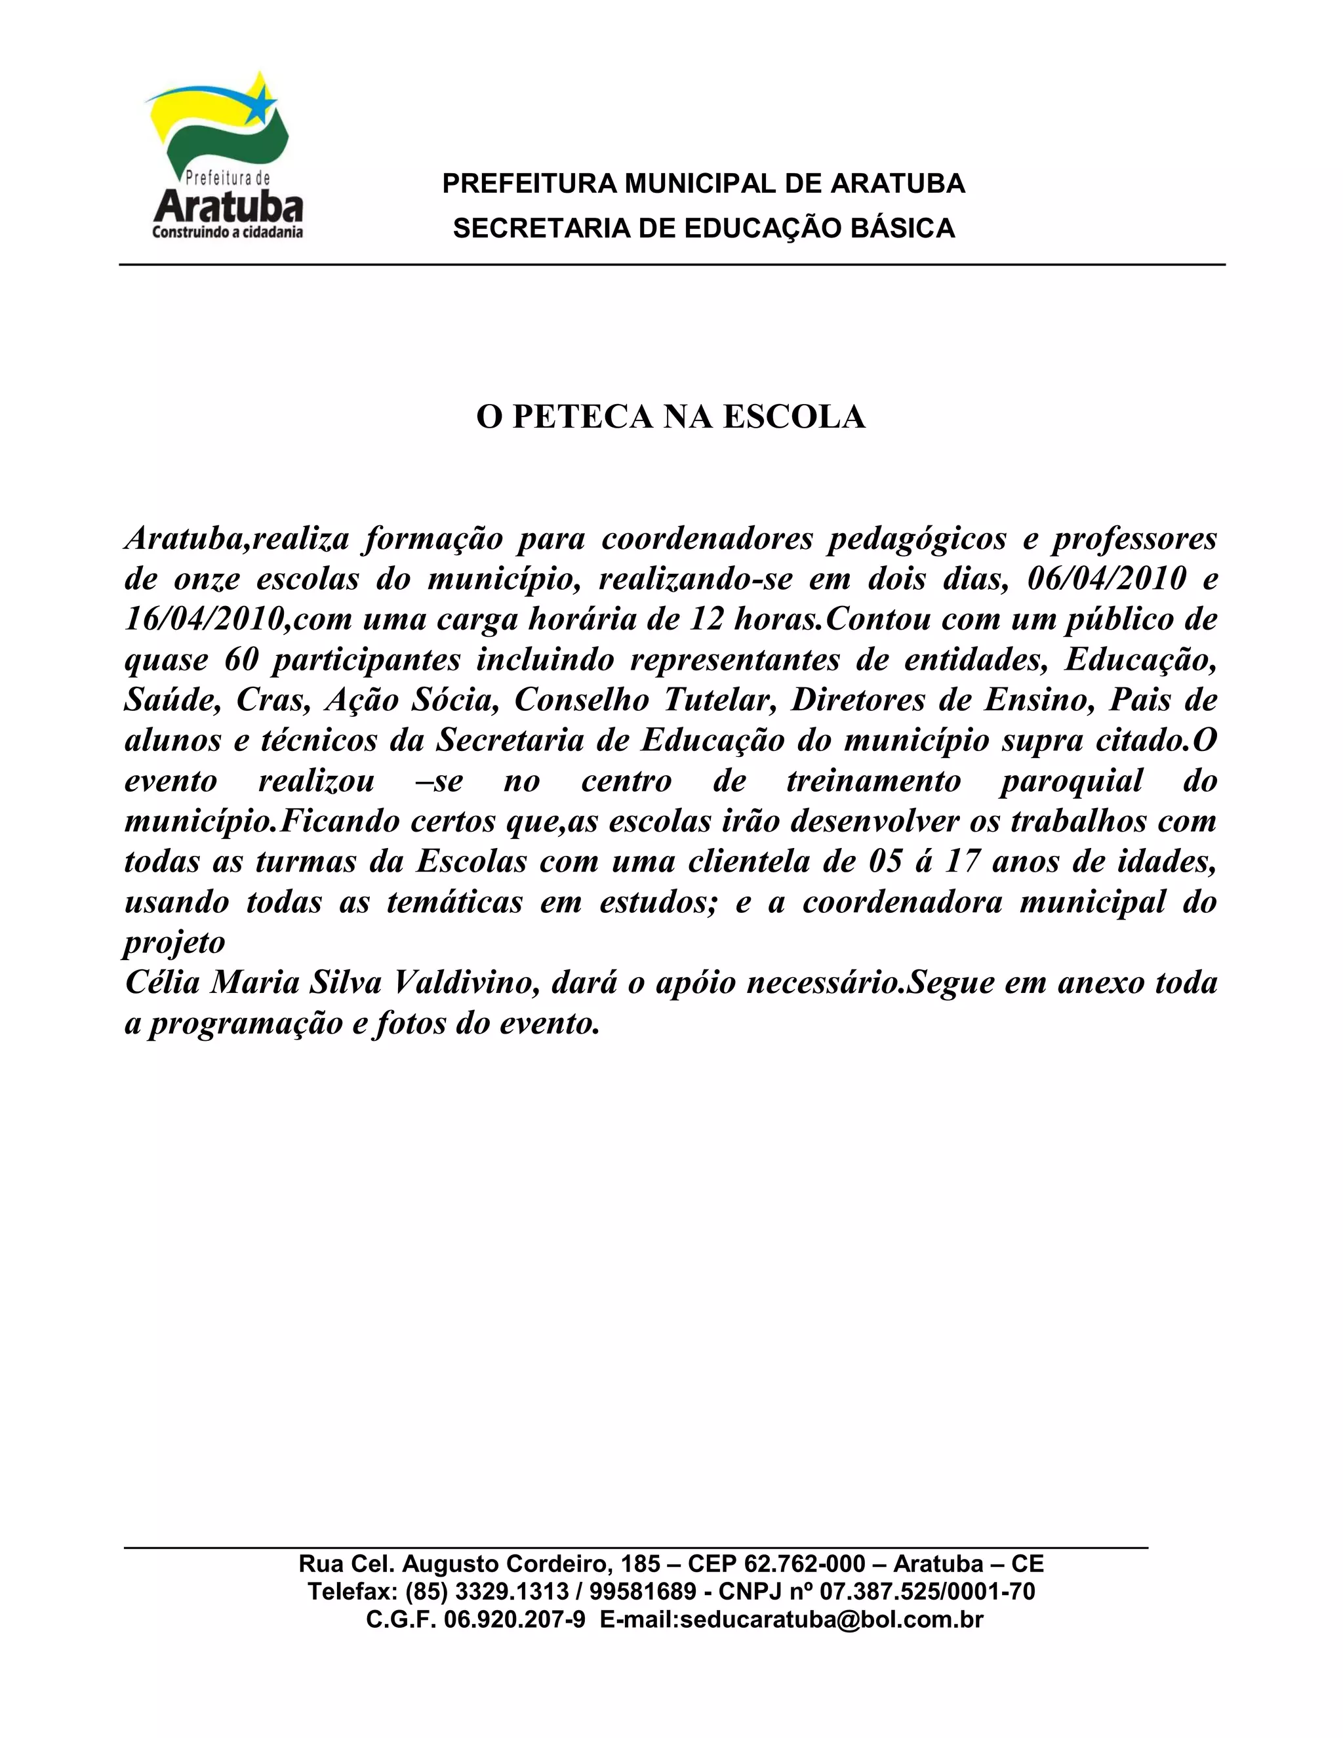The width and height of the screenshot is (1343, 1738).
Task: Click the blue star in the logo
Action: pyautogui.click(x=260, y=105)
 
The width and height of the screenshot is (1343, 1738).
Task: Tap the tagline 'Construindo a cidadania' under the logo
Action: pyautogui.click(x=228, y=232)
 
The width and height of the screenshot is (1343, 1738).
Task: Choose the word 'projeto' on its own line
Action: pyautogui.click(x=174, y=943)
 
